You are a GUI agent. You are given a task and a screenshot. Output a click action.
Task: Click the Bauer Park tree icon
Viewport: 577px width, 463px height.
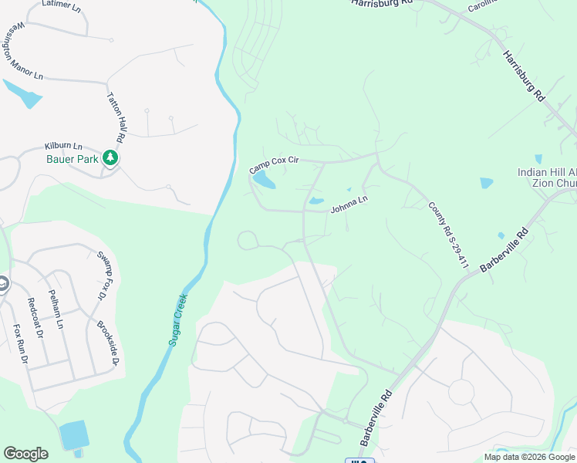pyautogui.click(x=111, y=158)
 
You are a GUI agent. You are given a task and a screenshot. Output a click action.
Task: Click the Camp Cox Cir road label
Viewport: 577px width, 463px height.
pyautogui.click(x=274, y=164)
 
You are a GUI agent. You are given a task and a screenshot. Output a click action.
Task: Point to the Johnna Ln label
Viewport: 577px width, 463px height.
pyautogui.click(x=349, y=204)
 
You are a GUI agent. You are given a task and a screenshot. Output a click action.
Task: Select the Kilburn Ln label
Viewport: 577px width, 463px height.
pyautogui.click(x=63, y=145)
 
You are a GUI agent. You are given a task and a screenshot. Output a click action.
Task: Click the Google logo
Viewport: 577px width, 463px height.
pyautogui.click(x=25, y=454)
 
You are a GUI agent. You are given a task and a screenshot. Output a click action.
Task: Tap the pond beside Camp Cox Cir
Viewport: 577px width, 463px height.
pyautogui.click(x=263, y=181)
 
